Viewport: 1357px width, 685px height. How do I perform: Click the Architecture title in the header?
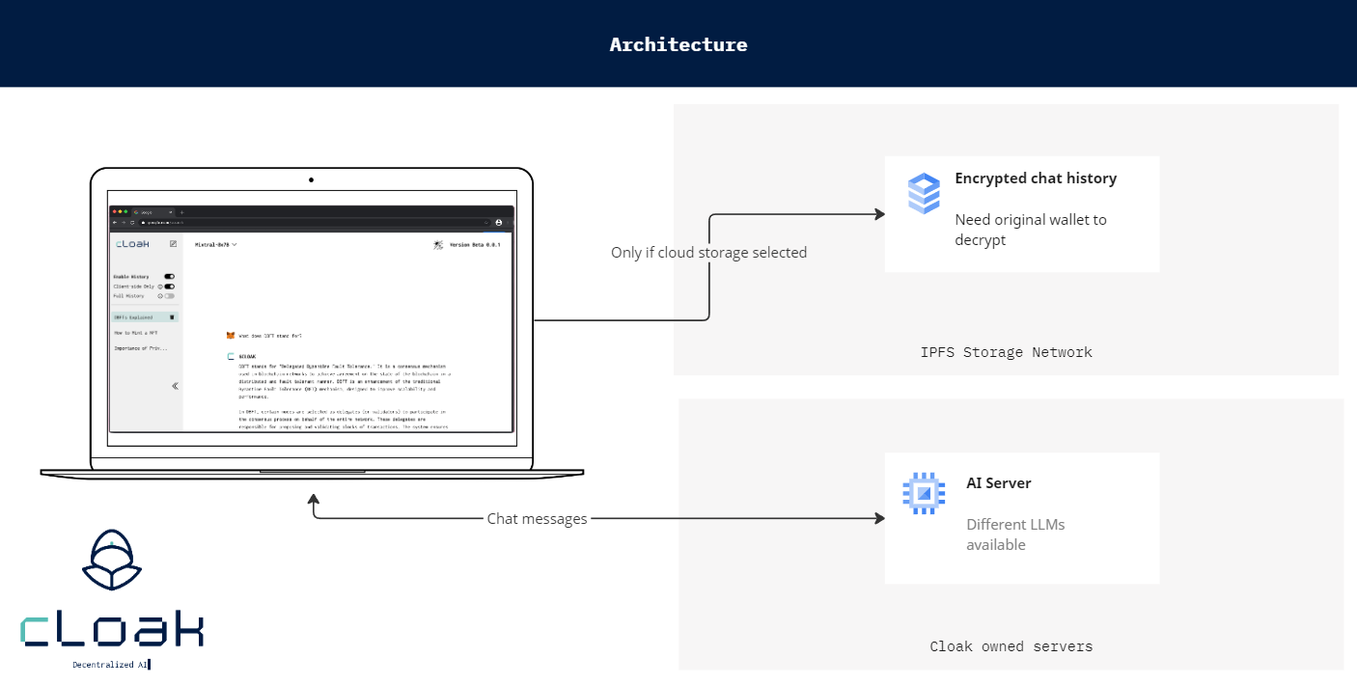pyautogui.click(x=678, y=44)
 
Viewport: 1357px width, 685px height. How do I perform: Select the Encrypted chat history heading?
pyautogui.click(x=1036, y=178)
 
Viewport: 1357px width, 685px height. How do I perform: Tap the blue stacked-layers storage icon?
pyautogui.click(x=924, y=193)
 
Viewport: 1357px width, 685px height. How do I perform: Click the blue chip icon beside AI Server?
pyautogui.click(x=924, y=493)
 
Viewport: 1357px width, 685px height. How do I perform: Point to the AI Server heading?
pyautogui.click(x=998, y=483)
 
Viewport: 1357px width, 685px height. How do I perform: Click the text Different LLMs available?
pyautogui.click(x=1015, y=534)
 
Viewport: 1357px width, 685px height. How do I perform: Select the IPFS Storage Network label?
pyautogui.click(x=1006, y=352)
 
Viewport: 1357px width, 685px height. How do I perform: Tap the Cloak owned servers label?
pyautogui.click(x=1011, y=646)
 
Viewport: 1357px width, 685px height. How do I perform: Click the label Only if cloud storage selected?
pyautogui.click(x=708, y=253)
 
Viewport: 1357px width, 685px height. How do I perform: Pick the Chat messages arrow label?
pyautogui.click(x=537, y=519)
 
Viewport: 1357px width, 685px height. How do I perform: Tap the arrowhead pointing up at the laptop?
pyautogui.click(x=313, y=501)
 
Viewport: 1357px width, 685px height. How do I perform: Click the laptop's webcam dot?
pyautogui.click(x=311, y=179)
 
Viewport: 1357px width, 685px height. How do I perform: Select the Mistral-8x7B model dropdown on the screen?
pyautogui.click(x=215, y=245)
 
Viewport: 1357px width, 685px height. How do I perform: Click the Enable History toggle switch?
pyautogui.click(x=169, y=277)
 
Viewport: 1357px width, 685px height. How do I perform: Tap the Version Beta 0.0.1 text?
pyautogui.click(x=475, y=245)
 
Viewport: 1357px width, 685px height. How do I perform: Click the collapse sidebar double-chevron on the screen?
pyautogui.click(x=175, y=386)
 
